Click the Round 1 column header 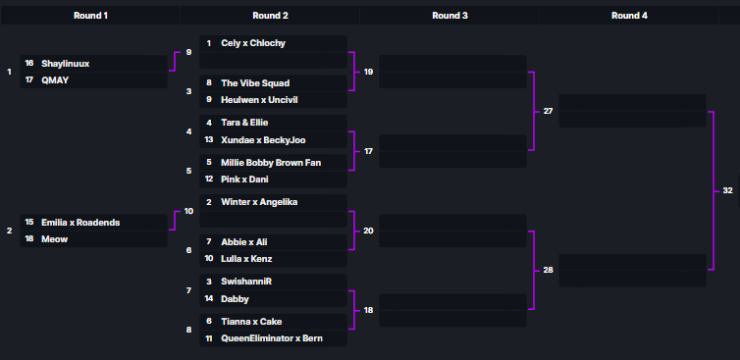coord(90,16)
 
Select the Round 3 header coord(449,16)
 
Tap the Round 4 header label coord(628,16)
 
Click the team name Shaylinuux coord(66,64)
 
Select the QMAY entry coord(55,80)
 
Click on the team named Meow coord(54,238)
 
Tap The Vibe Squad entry coord(255,83)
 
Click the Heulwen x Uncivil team coord(260,100)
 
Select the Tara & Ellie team coord(244,123)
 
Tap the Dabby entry coord(236,299)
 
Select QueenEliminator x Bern coord(272,338)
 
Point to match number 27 coord(548,111)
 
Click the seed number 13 coord(208,140)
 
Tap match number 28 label coord(548,269)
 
